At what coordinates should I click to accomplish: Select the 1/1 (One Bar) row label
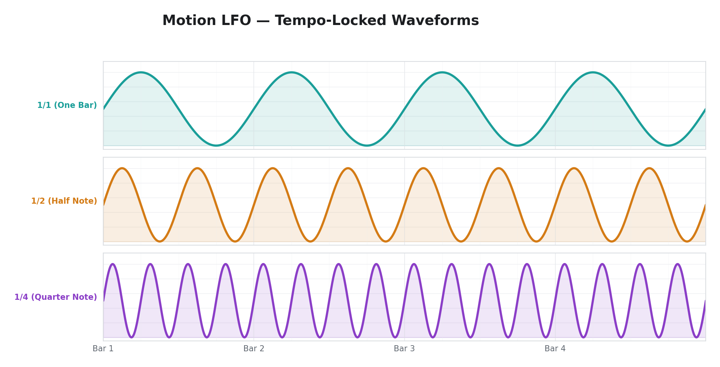67,105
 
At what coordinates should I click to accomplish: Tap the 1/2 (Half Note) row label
64,201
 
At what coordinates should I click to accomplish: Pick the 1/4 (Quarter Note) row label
56,297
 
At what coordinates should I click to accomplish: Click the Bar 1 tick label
103,349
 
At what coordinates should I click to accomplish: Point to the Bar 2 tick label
254,349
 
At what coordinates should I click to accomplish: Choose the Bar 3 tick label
404,349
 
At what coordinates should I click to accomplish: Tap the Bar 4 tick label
555,349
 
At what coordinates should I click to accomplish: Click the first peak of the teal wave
141,73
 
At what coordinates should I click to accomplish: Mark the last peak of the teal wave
593,73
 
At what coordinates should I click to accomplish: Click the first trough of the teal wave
216,145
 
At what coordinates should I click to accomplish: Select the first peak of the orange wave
122,168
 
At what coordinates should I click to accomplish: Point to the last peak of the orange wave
649,168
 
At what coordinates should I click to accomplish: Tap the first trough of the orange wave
160,241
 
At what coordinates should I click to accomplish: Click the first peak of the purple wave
113,264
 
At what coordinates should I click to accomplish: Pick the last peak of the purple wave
677,264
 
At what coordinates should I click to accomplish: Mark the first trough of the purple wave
131,337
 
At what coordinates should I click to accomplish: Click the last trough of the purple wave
696,337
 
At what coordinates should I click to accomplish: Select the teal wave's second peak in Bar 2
292,73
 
